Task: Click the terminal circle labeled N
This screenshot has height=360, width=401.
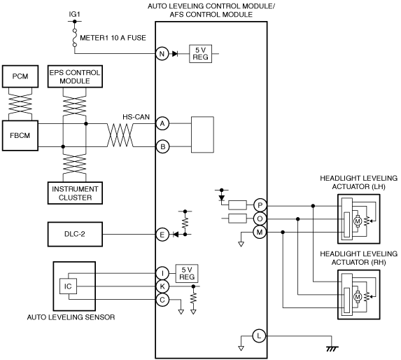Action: (x=162, y=54)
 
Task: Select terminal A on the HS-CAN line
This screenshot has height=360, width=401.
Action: (x=162, y=123)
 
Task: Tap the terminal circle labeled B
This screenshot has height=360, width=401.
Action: (x=162, y=146)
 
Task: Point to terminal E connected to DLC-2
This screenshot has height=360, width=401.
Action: (x=162, y=235)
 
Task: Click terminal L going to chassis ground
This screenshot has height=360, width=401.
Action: (x=259, y=335)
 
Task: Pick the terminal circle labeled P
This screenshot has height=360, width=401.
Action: (x=260, y=205)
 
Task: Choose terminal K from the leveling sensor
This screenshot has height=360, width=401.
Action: (x=162, y=286)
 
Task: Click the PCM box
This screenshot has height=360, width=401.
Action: (x=20, y=76)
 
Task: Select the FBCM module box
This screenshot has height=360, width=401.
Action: (x=20, y=135)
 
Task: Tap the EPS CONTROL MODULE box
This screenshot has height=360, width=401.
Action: (x=75, y=76)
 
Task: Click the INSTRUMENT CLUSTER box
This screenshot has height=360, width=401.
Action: (x=75, y=193)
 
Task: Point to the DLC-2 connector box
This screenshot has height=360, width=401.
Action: (x=75, y=234)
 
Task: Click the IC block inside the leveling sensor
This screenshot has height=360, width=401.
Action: (x=68, y=286)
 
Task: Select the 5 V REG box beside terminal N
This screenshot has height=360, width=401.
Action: (x=200, y=54)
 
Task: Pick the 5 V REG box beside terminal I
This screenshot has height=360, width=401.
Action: (x=187, y=273)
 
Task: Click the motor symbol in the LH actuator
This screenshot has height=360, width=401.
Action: (x=358, y=221)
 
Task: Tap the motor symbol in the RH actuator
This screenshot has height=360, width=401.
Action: (x=358, y=297)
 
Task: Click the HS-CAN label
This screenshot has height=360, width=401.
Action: (x=136, y=117)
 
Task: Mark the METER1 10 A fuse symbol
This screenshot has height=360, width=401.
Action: (x=75, y=38)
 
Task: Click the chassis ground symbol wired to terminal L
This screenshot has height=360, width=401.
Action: (x=332, y=348)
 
